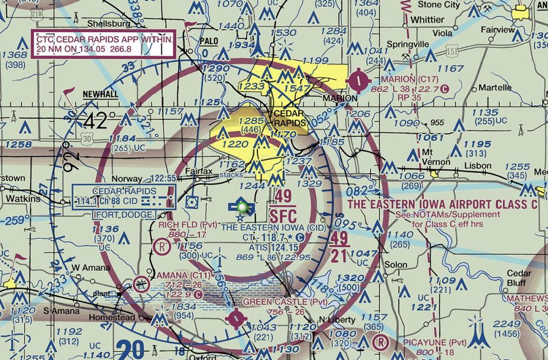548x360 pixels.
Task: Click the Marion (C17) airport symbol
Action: (358, 81)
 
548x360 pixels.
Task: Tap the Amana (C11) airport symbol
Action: (141, 284)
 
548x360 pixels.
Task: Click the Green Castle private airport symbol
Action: (235, 319)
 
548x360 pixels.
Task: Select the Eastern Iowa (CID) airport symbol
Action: (241, 208)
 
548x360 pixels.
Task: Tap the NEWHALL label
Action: (101, 94)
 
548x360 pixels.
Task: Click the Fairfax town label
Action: (199, 171)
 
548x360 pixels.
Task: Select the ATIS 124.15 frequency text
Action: (273, 247)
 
